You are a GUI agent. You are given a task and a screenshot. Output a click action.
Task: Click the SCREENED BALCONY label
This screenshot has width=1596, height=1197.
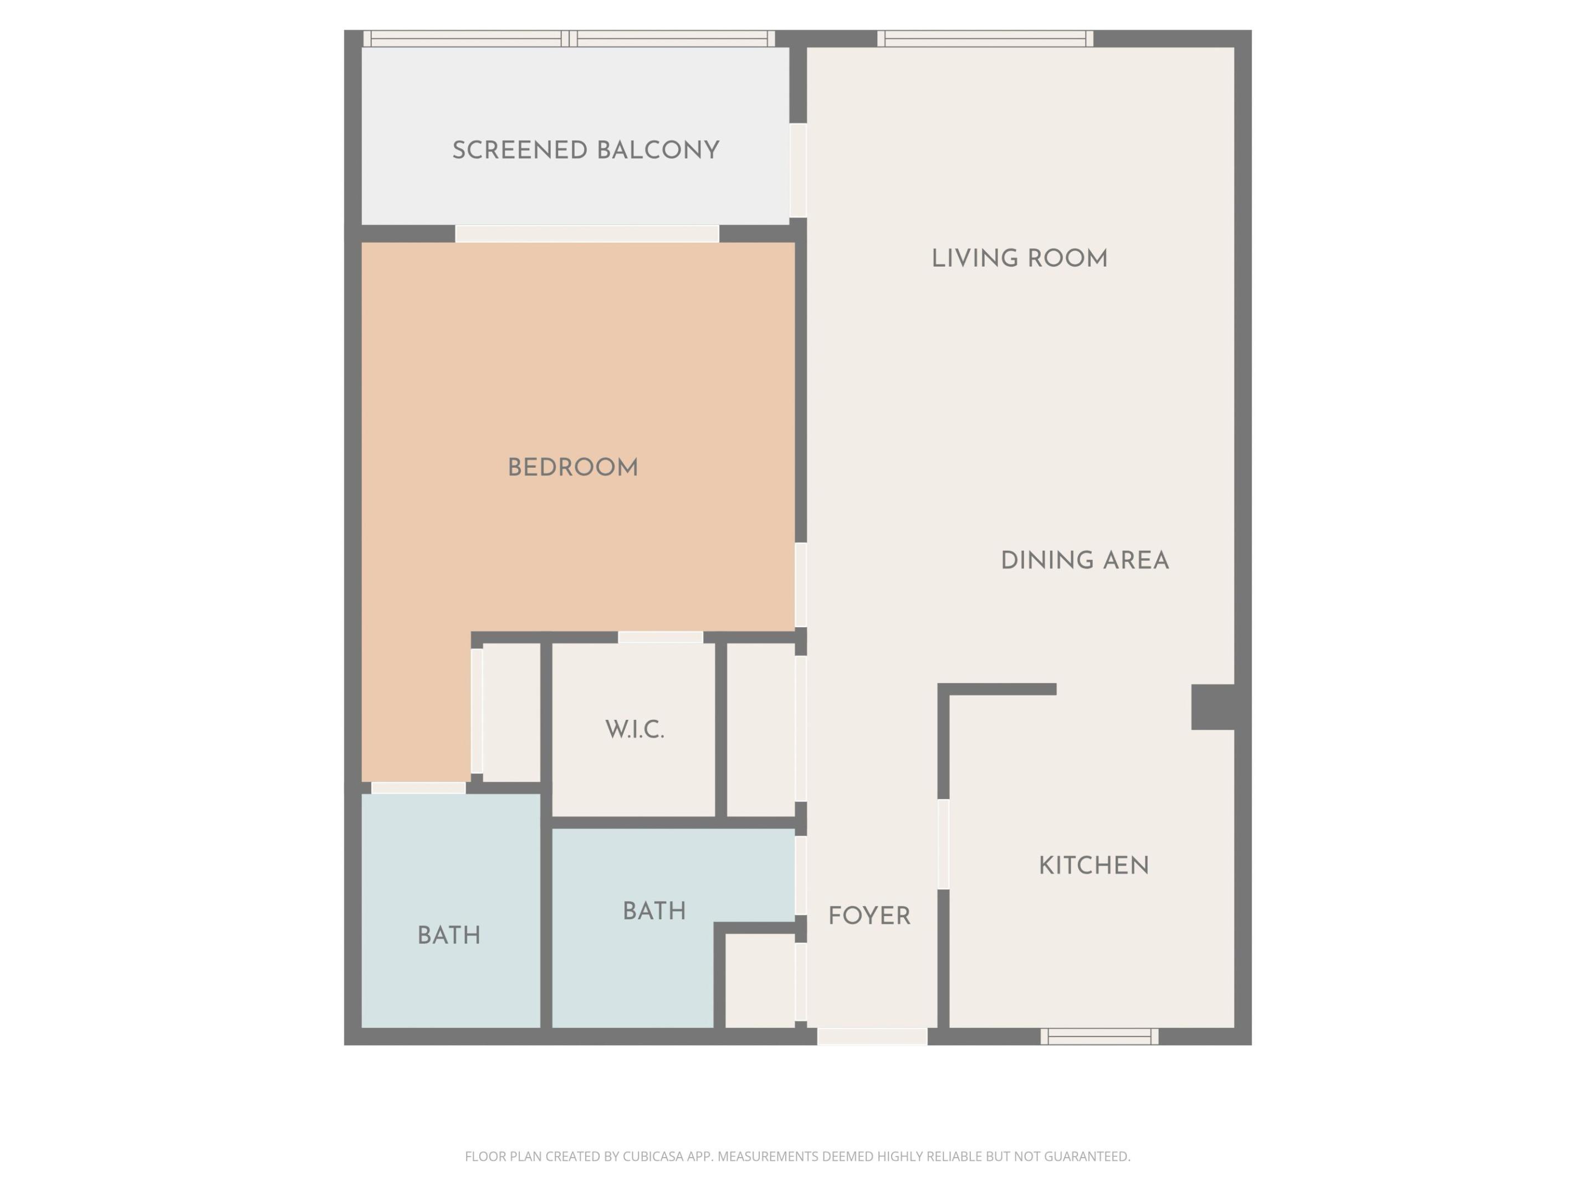[585, 151]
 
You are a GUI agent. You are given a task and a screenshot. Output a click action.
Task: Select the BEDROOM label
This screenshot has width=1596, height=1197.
[573, 468]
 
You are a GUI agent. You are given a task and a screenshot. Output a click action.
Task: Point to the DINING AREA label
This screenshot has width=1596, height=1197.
[1085, 561]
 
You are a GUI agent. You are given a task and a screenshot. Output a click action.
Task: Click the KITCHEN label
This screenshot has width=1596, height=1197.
[1093, 866]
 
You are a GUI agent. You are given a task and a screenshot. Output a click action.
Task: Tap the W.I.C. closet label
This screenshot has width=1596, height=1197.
[634, 729]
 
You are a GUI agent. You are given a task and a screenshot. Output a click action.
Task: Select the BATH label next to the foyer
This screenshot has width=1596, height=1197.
[654, 911]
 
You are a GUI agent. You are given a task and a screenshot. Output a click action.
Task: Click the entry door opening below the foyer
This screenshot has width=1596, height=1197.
[872, 1036]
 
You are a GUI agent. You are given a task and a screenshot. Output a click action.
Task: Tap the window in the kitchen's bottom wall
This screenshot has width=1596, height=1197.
[1099, 1037]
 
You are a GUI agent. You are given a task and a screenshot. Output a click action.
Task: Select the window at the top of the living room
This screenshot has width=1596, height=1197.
[985, 39]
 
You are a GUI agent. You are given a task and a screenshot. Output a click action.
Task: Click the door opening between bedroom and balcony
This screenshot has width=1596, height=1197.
[587, 234]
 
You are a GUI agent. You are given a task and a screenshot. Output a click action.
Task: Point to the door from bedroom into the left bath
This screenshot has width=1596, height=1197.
[418, 788]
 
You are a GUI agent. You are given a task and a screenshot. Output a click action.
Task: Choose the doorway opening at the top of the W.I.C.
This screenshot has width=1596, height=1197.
[660, 637]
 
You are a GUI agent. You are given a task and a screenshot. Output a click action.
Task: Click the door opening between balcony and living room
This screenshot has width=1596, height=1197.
[797, 170]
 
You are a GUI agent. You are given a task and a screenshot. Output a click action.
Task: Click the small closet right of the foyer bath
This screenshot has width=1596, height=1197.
[759, 980]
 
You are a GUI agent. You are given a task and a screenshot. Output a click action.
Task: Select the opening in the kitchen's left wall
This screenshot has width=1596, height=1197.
[943, 844]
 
